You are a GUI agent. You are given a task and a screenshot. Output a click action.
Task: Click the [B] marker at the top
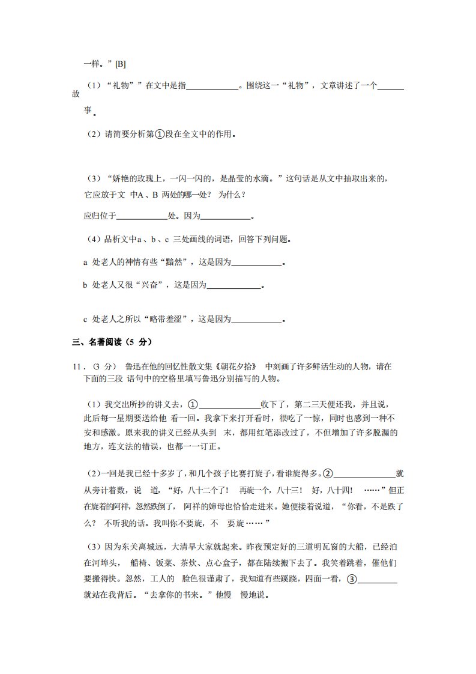point(120,64)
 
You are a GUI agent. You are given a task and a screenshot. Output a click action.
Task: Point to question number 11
point(78,366)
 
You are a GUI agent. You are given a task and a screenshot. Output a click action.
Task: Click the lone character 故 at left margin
point(76,94)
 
